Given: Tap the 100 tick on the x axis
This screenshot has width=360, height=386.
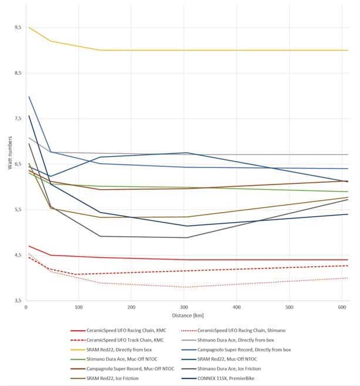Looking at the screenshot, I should point(78,307).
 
